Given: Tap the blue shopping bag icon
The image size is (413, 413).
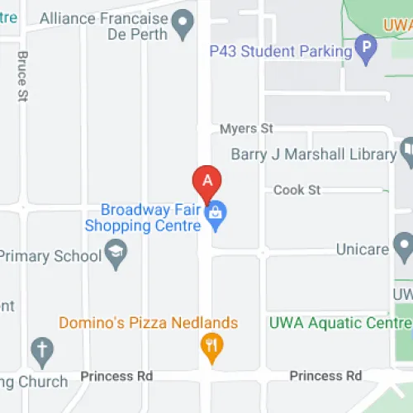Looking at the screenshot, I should pos(216,213).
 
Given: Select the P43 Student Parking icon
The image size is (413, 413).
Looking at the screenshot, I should pos(364,49).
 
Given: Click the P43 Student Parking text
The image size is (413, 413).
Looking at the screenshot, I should pos(281,51).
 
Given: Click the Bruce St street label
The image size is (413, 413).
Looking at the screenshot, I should pos(22,77).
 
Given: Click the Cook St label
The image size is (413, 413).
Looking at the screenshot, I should pos(297,190).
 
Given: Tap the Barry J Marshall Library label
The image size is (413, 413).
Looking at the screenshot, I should pos(313,154).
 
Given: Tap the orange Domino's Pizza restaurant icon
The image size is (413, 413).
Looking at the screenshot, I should pos(211,347).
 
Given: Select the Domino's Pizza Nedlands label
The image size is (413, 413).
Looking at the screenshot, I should pos(148,323).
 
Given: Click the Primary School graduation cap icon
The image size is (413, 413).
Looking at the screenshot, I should pos(116,255).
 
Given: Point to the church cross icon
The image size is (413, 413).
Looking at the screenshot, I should pos(41,351).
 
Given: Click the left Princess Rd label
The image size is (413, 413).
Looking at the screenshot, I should pos(116,376).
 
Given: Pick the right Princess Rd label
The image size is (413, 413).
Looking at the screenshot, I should pos(325,376).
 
